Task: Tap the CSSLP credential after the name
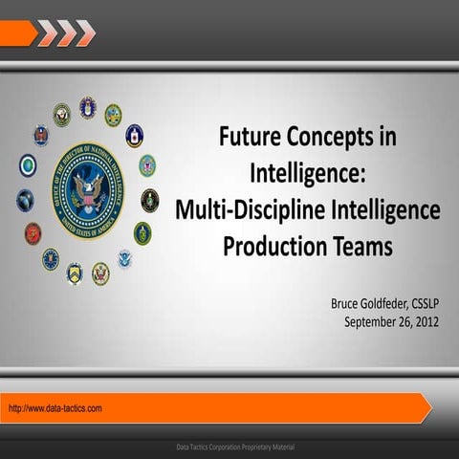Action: [x=429, y=304]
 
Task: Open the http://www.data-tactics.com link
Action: [x=55, y=408]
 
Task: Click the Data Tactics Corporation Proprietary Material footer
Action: [x=235, y=448]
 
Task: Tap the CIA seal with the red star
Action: [x=135, y=135]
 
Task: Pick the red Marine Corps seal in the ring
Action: [x=33, y=233]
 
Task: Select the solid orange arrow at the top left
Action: [x=17, y=33]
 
